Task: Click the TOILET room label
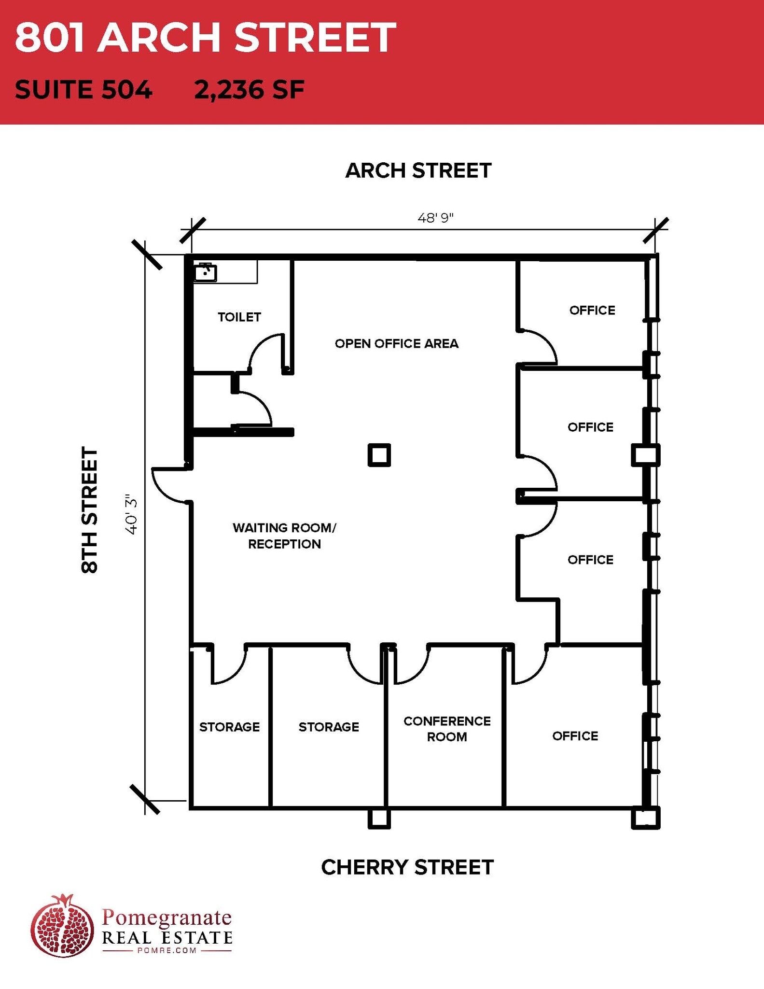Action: pos(239,317)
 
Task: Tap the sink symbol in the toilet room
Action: pos(205,273)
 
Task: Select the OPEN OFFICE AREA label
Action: pos(396,344)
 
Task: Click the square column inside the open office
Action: pos(379,455)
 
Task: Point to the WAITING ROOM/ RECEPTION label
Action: pos(284,536)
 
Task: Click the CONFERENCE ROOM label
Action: pos(447,729)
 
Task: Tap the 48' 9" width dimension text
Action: pos(435,218)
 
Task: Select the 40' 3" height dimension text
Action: pos(132,514)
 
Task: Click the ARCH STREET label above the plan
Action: pos(418,171)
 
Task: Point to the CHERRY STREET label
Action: pos(407,867)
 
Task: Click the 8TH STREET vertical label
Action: pos(90,510)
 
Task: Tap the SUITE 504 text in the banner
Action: pos(83,90)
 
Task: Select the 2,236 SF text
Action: pos(249,90)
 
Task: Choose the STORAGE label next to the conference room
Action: pos(329,727)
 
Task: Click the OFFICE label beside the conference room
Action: pos(575,736)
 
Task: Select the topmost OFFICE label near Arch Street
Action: pos(592,311)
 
